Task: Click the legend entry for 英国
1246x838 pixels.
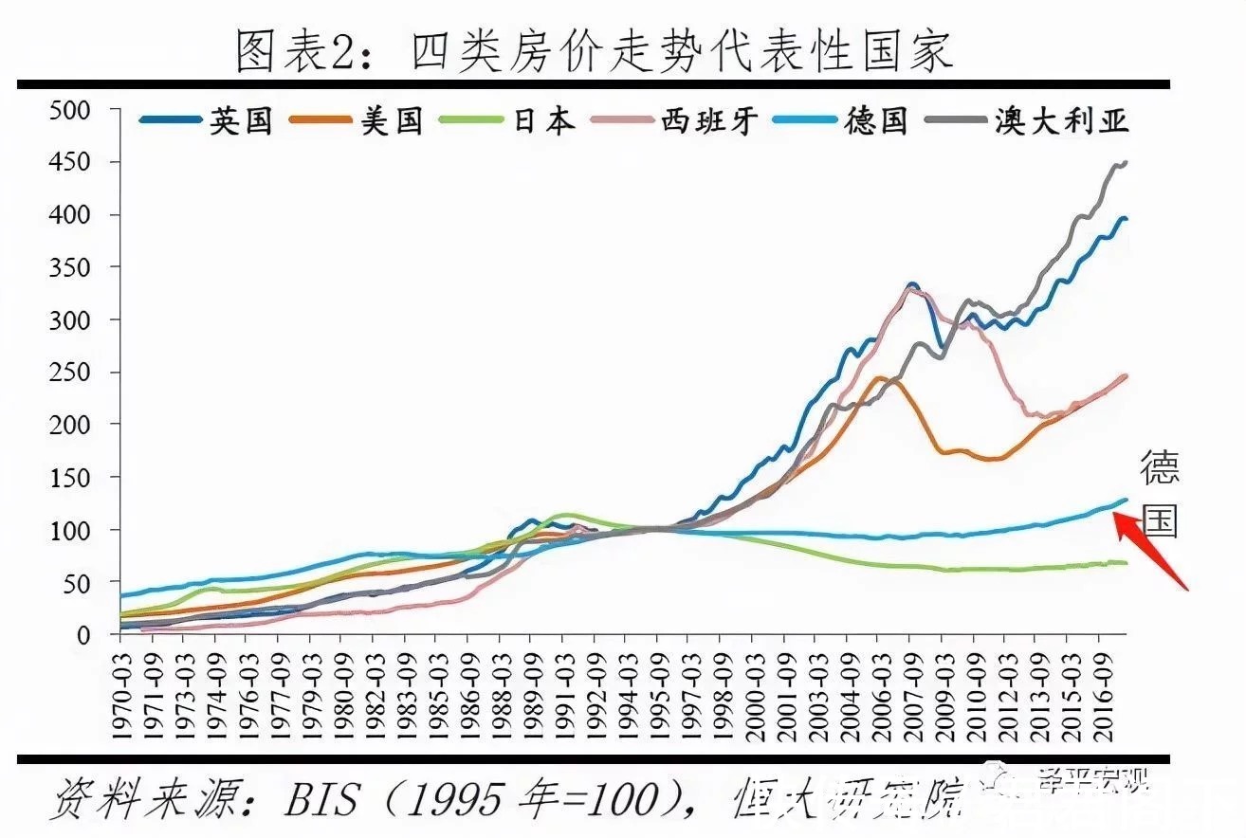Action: tap(209, 120)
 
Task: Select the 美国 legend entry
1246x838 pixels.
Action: tap(360, 120)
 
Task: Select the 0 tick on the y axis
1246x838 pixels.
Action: tap(82, 635)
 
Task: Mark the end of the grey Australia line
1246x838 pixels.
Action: tap(1126, 163)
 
